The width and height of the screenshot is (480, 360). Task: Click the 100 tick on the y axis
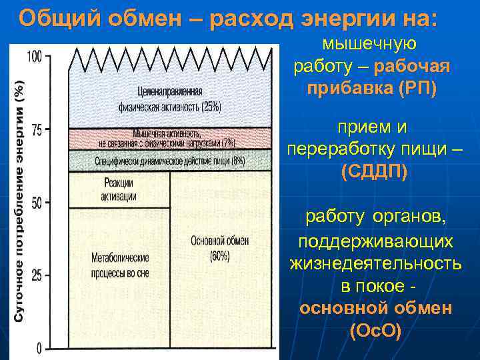point(33,57)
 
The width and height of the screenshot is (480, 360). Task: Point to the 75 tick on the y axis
point(35,129)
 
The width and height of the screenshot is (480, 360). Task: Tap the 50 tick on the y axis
point(35,202)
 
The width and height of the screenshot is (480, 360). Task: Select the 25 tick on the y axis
point(35,275)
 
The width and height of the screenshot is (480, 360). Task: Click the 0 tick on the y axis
point(39,347)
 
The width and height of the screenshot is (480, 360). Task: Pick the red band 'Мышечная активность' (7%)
point(170,138)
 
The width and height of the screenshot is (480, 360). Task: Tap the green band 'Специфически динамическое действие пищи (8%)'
point(170,160)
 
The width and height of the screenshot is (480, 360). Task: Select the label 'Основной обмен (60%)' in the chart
point(220,248)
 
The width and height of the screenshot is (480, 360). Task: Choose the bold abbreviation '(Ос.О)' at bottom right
point(375,331)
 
